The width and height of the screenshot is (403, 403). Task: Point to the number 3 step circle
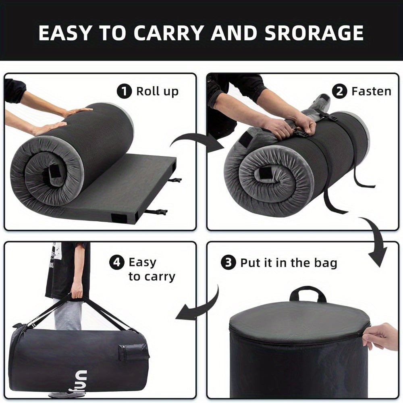tap(228, 263)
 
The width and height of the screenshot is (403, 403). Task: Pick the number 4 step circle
tap(117, 263)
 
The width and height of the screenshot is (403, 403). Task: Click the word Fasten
tap(371, 91)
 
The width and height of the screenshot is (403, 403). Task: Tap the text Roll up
tap(157, 91)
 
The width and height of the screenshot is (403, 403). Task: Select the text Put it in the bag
tap(289, 263)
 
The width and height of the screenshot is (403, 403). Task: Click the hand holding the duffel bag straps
tap(77, 289)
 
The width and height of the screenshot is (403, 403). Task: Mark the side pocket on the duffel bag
tap(132, 353)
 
